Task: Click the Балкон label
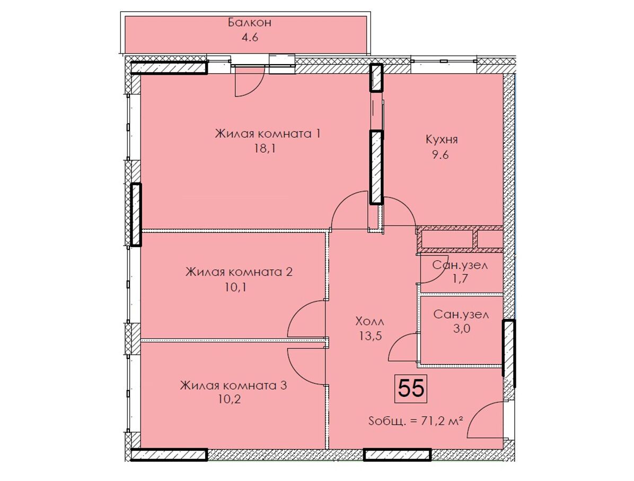point(250,22)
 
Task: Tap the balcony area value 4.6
point(250,38)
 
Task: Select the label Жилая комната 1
point(267,134)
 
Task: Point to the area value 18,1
point(265,149)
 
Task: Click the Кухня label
point(442,140)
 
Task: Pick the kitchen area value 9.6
point(441,155)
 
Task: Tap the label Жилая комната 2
point(239,272)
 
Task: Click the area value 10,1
point(236,287)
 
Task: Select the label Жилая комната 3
point(233,385)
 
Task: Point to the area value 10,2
point(229,400)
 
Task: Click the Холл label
point(369,321)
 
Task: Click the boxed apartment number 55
point(411,388)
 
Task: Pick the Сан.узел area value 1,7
point(460,279)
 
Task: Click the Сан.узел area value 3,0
point(461,328)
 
